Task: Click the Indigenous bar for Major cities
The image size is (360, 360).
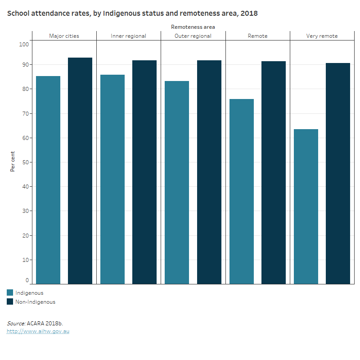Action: click(48, 180)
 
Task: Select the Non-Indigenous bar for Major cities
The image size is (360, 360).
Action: click(80, 171)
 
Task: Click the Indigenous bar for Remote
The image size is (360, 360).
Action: click(242, 191)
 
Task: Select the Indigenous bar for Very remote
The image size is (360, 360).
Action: click(306, 207)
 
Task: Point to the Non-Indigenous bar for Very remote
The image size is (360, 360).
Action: click(338, 173)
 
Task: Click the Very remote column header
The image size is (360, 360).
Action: click(322, 36)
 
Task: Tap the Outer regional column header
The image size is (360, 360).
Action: click(193, 36)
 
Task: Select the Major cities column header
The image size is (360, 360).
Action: click(64, 36)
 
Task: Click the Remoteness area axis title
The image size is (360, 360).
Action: click(193, 27)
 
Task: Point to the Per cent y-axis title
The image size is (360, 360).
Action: click(13, 161)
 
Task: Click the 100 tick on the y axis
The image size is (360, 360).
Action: click(24, 44)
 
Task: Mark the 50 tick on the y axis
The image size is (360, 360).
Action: click(25, 162)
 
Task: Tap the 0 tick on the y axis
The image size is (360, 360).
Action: click(27, 280)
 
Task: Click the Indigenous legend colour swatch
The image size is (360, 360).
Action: click(10, 293)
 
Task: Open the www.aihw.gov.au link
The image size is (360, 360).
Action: click(38, 331)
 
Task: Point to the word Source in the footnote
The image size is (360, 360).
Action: click(16, 323)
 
